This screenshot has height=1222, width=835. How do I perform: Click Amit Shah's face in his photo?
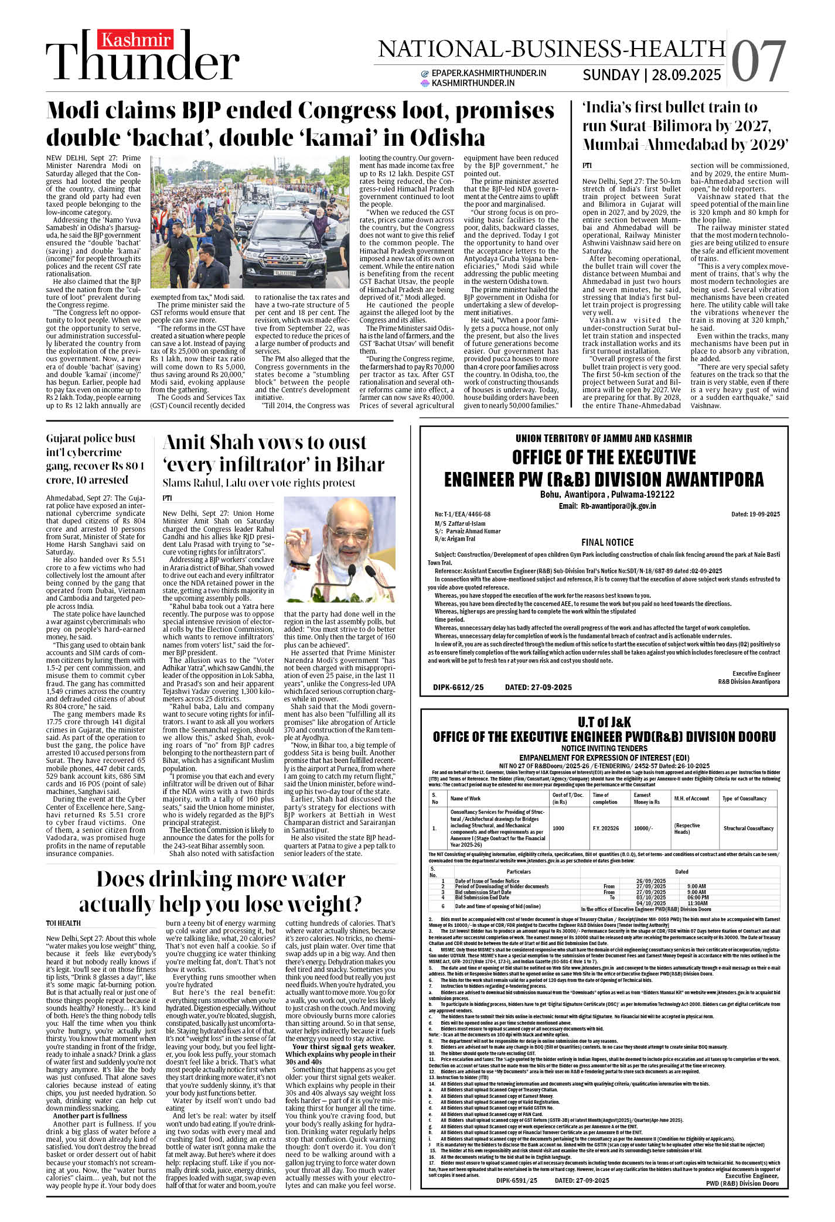click(340, 536)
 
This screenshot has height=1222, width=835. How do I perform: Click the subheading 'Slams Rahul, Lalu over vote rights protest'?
click(258, 483)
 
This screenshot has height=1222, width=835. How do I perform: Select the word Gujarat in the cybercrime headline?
click(67, 438)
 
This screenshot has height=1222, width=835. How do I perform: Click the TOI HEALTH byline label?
click(63, 923)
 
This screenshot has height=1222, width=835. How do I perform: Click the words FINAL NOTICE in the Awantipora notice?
click(607, 542)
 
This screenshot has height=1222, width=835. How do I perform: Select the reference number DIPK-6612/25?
click(458, 687)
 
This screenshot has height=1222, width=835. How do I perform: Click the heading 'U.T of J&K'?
click(604, 722)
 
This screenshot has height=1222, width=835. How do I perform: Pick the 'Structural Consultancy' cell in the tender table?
click(748, 829)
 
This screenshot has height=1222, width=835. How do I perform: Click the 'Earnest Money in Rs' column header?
click(646, 799)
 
